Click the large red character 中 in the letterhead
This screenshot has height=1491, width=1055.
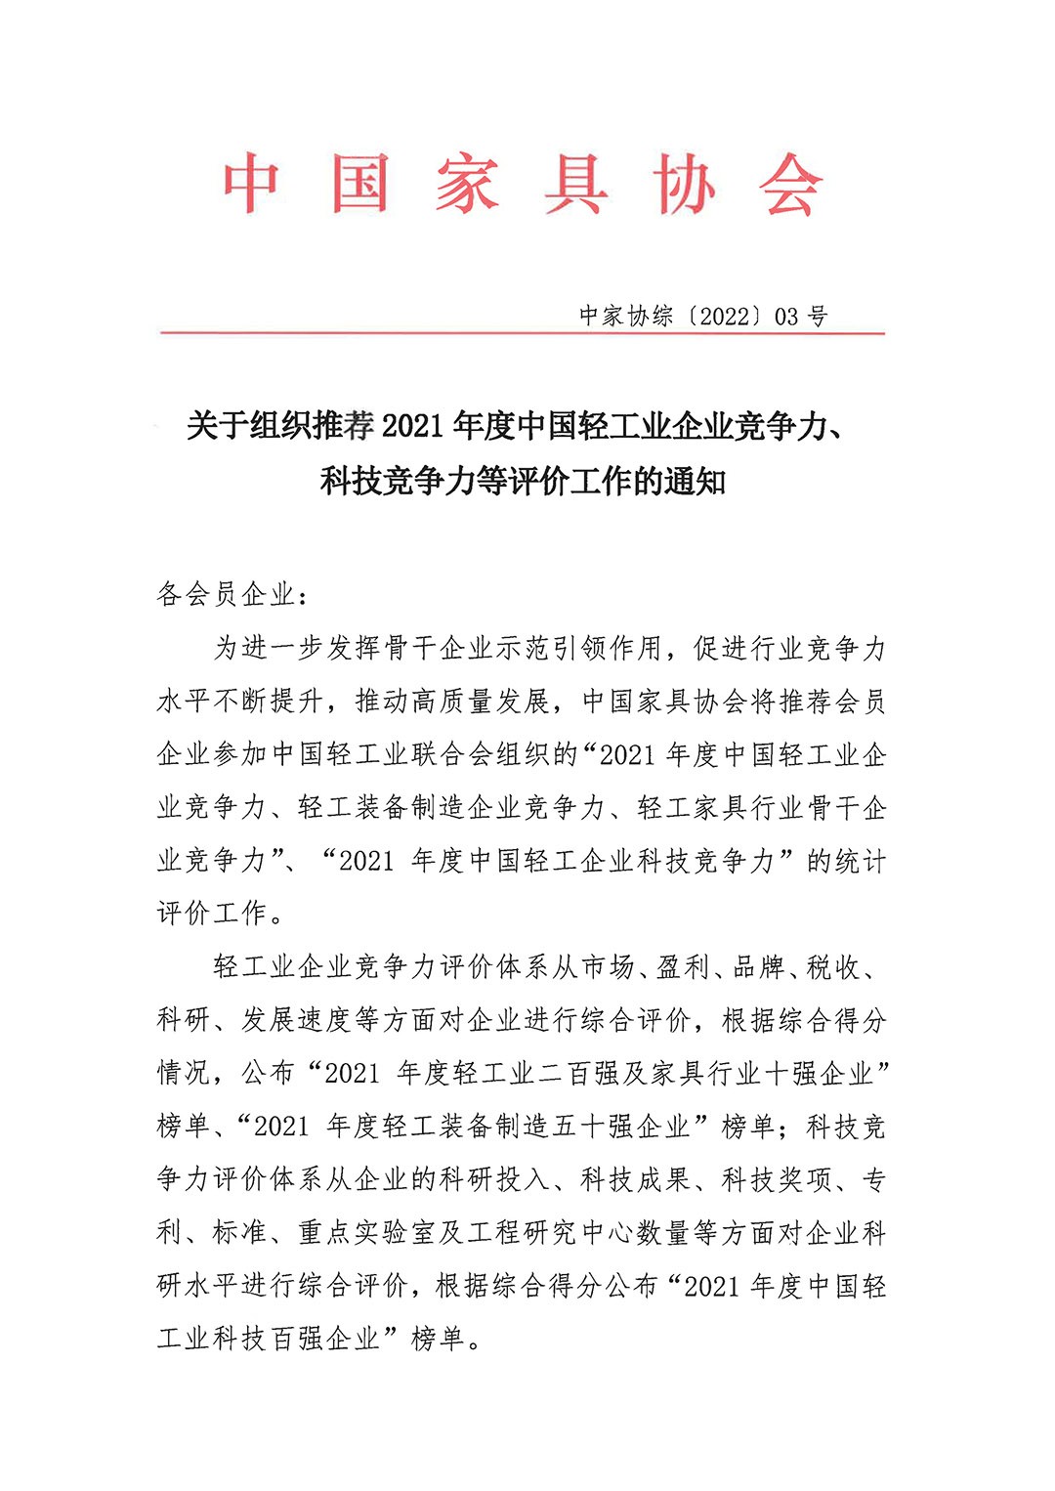tap(251, 185)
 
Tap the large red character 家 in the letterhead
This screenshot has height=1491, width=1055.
tap(468, 185)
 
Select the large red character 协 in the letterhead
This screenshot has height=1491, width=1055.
tap(684, 185)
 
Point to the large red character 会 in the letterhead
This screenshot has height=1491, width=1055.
tap(792, 185)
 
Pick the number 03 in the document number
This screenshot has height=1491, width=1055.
tap(786, 317)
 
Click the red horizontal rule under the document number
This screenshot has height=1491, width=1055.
tap(523, 334)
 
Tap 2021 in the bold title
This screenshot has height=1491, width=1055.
tap(417, 427)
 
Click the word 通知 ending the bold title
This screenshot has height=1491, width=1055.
tap(695, 482)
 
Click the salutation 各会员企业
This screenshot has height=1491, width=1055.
tap(226, 594)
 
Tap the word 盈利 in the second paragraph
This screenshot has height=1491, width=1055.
tap(683, 967)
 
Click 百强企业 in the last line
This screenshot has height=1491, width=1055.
tap(325, 1338)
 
